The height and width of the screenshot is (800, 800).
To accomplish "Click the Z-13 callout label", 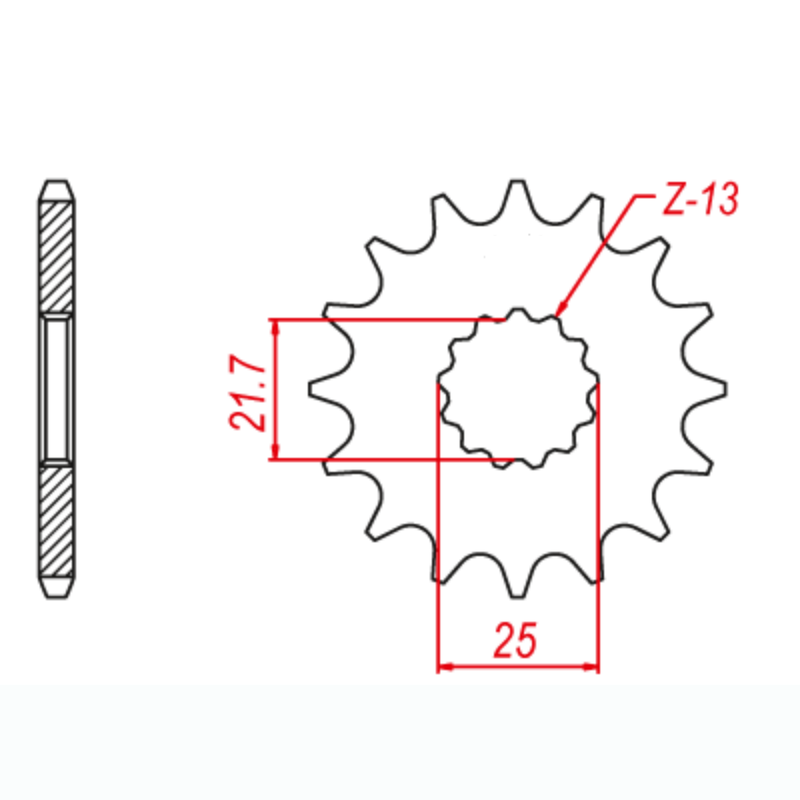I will [699, 199].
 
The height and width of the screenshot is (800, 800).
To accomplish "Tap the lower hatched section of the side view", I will [57, 520].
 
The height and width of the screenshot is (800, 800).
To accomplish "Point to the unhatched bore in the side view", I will [57, 389].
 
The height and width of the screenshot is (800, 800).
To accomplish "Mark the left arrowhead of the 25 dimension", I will [443, 666].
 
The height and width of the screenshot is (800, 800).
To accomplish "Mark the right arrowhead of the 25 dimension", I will [593, 666].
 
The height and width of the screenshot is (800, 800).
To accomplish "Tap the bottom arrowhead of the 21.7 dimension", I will [274, 453].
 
